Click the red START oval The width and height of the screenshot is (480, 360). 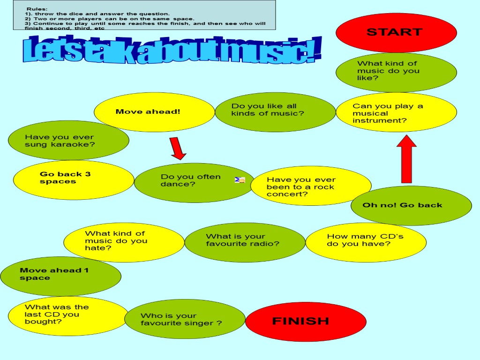tap(396, 32)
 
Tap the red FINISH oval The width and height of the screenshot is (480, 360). tap(306, 321)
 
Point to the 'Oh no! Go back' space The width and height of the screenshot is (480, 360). tap(411, 205)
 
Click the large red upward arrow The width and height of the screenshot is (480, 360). tap(407, 159)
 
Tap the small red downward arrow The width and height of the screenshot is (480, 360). tap(178, 149)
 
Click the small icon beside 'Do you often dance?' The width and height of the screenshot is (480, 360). tap(240, 180)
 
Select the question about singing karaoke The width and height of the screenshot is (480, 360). tap(68, 140)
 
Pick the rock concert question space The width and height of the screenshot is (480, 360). tap(311, 186)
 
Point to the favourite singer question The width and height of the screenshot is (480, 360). tap(185, 319)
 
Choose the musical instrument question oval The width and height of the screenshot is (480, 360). tap(396, 112)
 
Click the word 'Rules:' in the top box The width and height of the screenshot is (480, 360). tap(37, 9)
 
